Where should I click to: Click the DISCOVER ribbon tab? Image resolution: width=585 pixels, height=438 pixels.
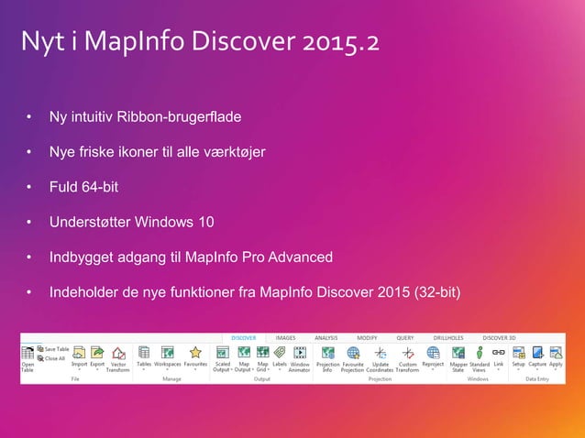243,338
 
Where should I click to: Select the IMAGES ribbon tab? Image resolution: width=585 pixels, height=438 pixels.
285,338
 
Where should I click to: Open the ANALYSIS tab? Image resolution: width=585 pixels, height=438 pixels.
326,338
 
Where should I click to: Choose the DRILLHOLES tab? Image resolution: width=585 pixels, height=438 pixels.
449,338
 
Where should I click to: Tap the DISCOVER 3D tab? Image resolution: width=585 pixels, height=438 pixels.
500,338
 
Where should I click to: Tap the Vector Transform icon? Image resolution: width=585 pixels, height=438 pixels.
118,353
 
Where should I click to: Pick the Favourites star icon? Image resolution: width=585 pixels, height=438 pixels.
195,352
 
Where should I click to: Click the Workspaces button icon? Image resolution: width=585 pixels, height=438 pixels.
168,352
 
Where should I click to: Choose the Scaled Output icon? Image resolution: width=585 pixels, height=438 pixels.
222,352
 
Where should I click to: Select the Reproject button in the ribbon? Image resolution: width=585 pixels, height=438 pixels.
433,352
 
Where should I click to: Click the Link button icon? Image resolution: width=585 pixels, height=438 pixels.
499,352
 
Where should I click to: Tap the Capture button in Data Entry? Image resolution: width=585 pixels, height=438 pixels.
537,352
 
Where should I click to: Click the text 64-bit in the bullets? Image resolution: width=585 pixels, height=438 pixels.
97,187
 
